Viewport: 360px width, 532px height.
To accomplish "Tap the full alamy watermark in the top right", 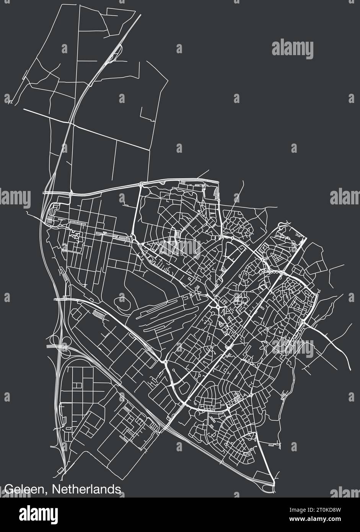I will click(x=292, y=49).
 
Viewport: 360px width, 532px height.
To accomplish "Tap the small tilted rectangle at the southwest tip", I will click(x=60, y=470).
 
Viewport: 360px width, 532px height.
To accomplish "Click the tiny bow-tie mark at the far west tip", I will click(x=10, y=102).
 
